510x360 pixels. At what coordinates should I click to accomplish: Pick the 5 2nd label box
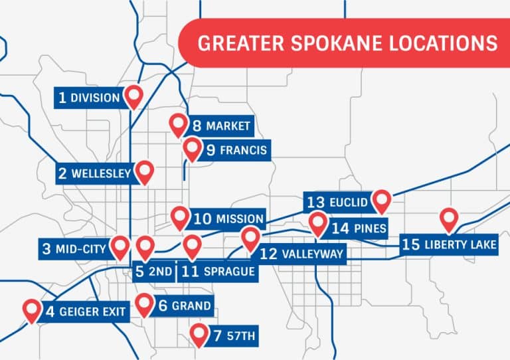click(154, 271)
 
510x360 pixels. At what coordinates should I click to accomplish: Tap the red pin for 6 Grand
click(144, 304)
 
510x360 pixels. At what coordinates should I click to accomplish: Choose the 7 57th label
click(232, 336)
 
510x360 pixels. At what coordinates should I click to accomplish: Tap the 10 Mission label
click(228, 219)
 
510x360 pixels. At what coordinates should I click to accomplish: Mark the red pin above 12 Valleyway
click(250, 237)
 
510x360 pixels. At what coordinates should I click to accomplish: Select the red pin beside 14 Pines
click(318, 224)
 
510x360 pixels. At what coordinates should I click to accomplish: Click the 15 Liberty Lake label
click(450, 244)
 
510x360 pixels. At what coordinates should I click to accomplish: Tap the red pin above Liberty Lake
click(450, 219)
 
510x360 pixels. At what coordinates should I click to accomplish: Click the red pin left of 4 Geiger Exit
click(31, 309)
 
